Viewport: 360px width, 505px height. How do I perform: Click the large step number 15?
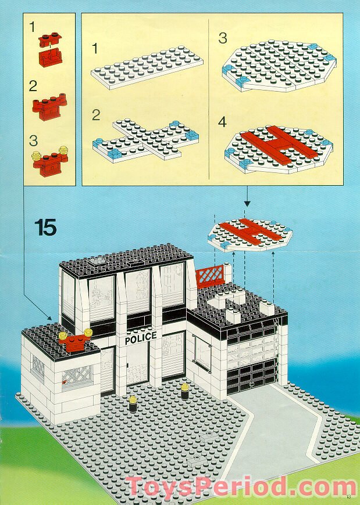(45, 227)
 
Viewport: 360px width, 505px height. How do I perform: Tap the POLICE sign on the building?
(140, 336)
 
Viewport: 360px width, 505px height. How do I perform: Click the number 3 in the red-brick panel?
(33, 141)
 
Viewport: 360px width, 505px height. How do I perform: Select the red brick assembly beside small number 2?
(51, 106)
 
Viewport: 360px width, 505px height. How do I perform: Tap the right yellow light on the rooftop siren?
(88, 333)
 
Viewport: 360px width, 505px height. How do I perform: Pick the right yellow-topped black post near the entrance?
(185, 391)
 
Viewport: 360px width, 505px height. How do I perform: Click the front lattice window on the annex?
(74, 378)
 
